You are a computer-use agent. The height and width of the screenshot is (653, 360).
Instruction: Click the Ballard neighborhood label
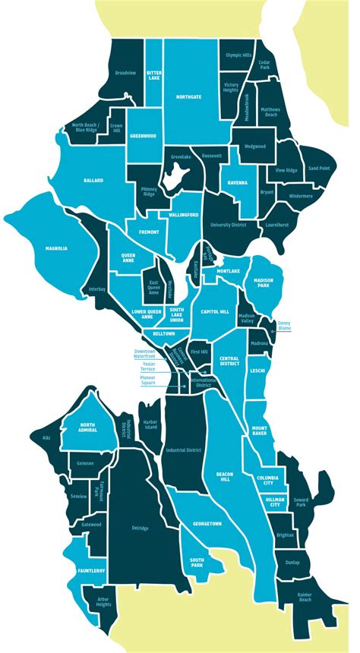coord(93,180)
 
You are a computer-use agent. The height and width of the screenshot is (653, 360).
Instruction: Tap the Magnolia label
coord(55,248)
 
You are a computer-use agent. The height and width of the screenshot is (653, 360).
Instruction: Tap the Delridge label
coord(139,528)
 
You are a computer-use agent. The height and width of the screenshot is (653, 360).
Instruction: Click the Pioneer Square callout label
coord(152,380)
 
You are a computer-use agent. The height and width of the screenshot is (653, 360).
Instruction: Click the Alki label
coord(35,437)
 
